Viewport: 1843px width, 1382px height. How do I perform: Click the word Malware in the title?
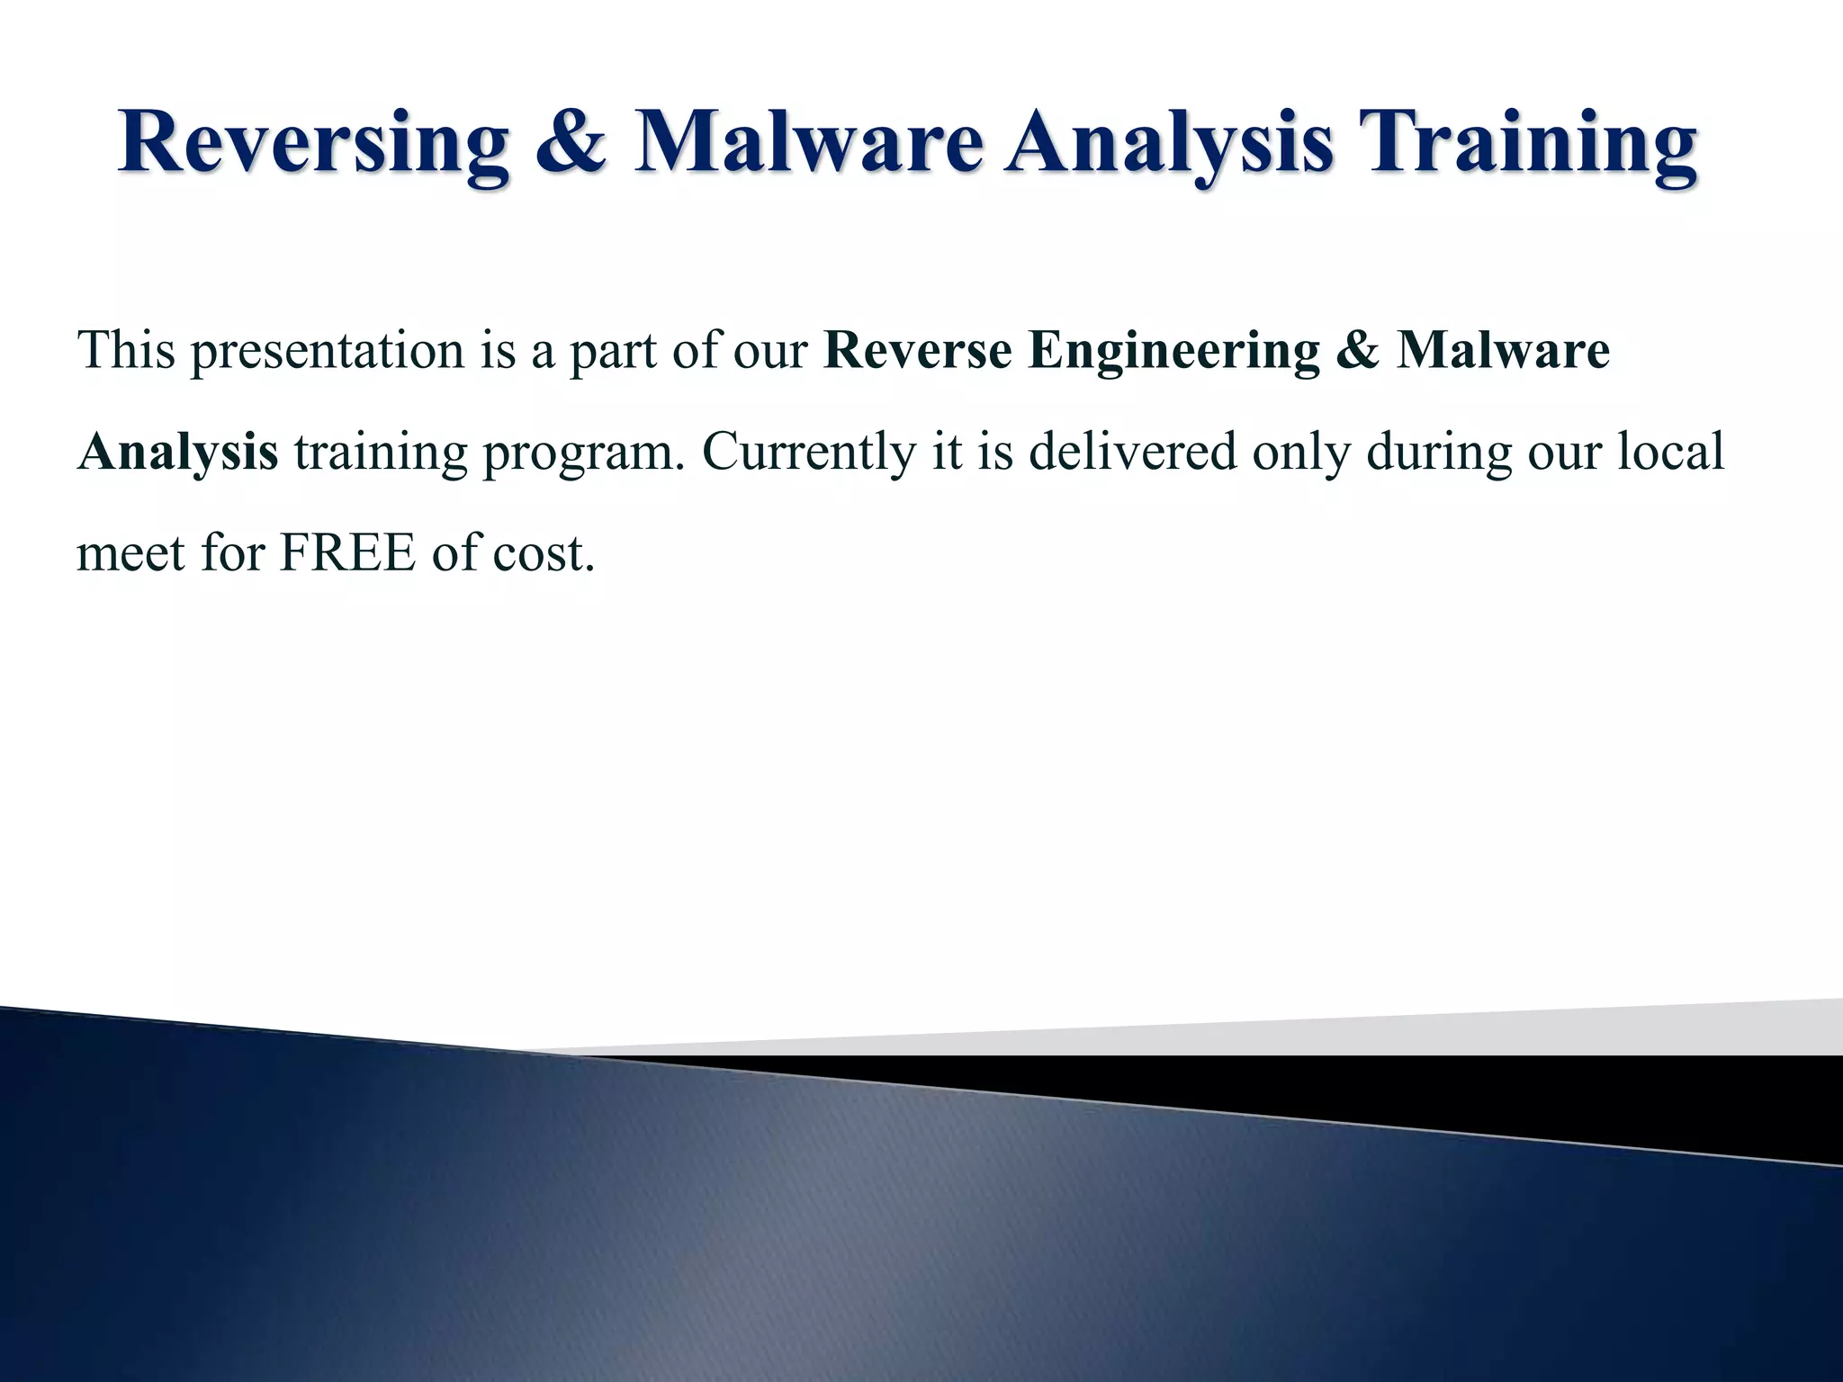(808, 142)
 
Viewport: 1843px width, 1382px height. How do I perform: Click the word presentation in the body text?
(327, 351)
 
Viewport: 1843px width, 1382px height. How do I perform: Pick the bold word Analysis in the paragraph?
(178, 452)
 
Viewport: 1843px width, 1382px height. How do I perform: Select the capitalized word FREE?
(347, 552)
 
